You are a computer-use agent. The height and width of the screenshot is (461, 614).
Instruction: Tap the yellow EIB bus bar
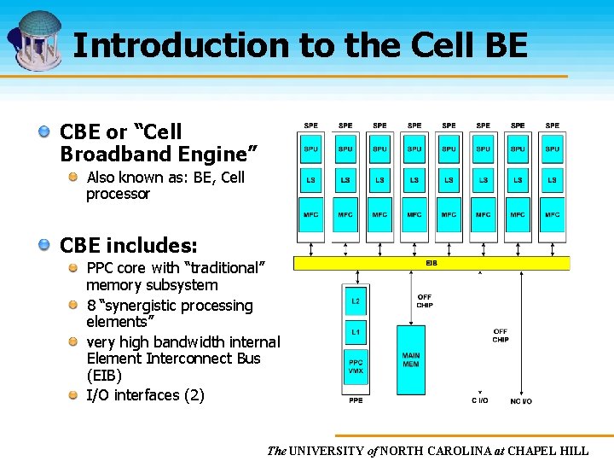[432, 263]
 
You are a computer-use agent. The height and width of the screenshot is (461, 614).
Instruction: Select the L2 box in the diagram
[356, 301]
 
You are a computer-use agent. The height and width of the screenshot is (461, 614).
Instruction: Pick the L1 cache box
[356, 332]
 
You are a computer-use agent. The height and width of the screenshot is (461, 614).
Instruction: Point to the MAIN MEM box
[410, 359]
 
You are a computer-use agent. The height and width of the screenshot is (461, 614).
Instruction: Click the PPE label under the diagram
[356, 400]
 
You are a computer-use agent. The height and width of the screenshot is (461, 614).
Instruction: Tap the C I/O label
[480, 400]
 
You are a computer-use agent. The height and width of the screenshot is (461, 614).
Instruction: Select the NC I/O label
[520, 400]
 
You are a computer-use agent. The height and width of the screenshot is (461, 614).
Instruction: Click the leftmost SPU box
[311, 149]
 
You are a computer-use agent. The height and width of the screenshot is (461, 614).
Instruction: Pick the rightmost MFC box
[553, 215]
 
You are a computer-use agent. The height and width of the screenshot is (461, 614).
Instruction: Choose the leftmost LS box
[311, 180]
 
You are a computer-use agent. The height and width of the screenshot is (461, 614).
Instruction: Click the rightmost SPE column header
[553, 125]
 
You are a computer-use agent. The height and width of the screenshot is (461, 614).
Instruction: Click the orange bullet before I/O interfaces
[74, 394]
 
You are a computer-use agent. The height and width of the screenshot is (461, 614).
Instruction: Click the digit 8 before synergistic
[90, 306]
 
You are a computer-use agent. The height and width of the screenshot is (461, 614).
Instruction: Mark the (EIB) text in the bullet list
[104, 376]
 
